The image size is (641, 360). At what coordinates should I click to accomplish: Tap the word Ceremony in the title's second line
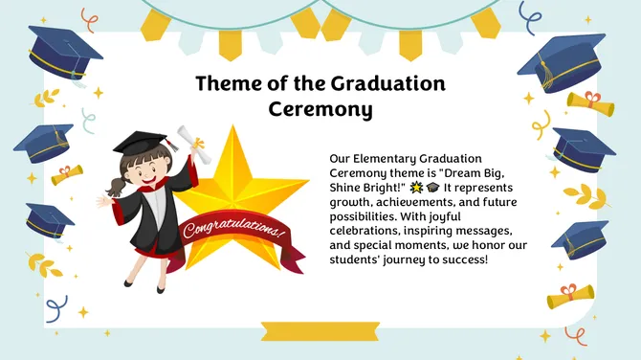[320, 110]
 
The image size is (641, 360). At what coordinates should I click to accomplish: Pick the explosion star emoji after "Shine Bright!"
[416, 187]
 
